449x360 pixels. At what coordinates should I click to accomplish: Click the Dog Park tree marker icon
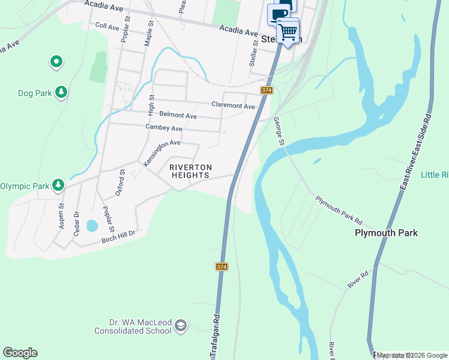click(61, 92)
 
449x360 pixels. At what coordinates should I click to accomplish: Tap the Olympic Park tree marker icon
click(58, 185)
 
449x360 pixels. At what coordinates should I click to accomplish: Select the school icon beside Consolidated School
click(180, 326)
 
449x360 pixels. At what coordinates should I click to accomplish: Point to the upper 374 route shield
click(267, 90)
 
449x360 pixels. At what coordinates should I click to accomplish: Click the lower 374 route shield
click(221, 266)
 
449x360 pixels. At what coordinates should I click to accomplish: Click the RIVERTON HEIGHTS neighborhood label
click(189, 171)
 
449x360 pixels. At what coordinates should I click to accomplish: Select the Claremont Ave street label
click(233, 106)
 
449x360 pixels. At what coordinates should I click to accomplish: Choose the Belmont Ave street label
click(178, 115)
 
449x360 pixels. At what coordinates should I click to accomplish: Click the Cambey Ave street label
click(164, 128)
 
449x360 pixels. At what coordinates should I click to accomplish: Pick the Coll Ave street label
click(107, 26)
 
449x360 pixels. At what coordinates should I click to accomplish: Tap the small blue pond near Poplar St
click(92, 226)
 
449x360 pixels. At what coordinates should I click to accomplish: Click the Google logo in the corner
click(20, 353)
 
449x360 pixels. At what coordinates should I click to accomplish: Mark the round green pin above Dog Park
click(56, 61)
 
